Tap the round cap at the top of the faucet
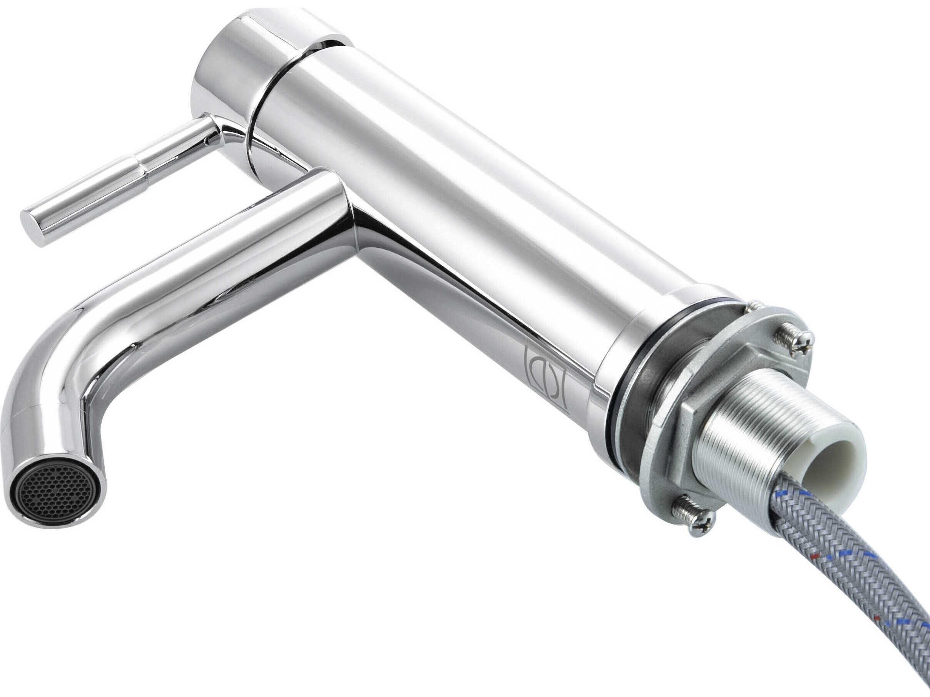click(x=236, y=63)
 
